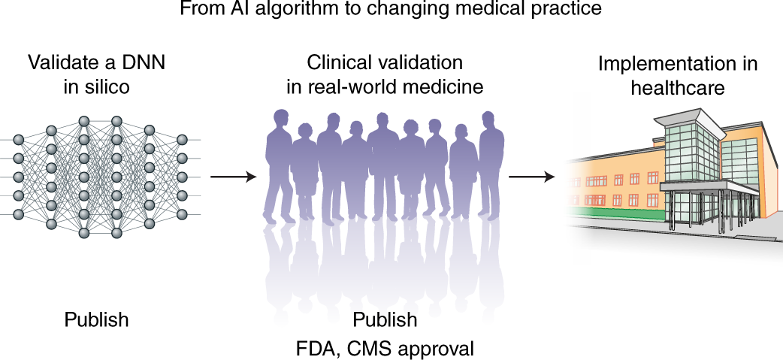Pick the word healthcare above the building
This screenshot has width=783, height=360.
tap(678, 87)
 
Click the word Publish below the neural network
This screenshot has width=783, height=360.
tap(96, 320)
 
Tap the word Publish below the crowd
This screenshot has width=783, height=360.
tap(384, 320)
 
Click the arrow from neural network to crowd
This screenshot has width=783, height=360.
tap(233, 177)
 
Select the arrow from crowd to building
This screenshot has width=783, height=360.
tap(532, 177)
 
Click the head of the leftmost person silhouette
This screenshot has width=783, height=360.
tap(281, 119)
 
